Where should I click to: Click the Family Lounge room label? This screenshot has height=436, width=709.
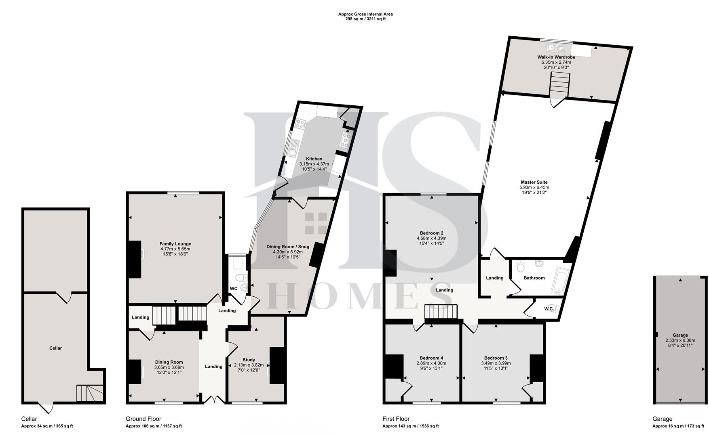pyautogui.click(x=175, y=244)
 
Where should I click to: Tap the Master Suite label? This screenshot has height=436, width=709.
pyautogui.click(x=534, y=182)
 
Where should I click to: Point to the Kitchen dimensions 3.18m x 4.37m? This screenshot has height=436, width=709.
pyautogui.click(x=314, y=164)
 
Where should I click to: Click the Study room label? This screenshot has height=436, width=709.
pyautogui.click(x=249, y=360)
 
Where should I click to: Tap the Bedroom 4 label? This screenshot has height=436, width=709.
pyautogui.click(x=431, y=358)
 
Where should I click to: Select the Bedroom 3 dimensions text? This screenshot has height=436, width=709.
pyautogui.click(x=496, y=366)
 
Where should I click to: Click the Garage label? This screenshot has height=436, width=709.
pyautogui.click(x=680, y=335)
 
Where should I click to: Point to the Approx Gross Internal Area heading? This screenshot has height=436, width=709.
pyautogui.click(x=365, y=14)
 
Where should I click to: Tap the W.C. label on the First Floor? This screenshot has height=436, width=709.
pyautogui.click(x=549, y=309)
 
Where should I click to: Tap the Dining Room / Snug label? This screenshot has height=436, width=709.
pyautogui.click(x=287, y=247)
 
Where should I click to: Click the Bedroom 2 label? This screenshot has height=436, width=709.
pyautogui.click(x=431, y=233)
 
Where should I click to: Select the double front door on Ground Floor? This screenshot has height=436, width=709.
pyautogui.click(x=214, y=400)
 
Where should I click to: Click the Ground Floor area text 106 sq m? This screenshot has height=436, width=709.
pyautogui.click(x=154, y=426)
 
